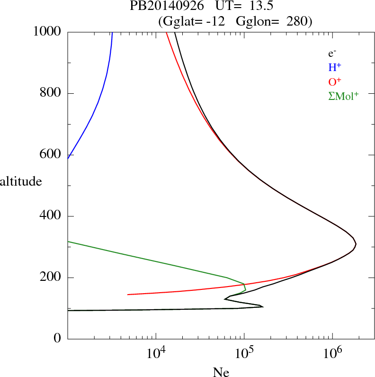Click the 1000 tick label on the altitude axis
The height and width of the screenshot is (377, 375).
(x=47, y=32)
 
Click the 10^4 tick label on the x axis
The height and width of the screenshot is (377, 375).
(x=156, y=353)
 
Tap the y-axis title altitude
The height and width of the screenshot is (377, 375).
(x=21, y=181)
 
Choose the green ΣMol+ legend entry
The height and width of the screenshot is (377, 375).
(x=343, y=96)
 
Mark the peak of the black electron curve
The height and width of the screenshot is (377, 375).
(x=355, y=244)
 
